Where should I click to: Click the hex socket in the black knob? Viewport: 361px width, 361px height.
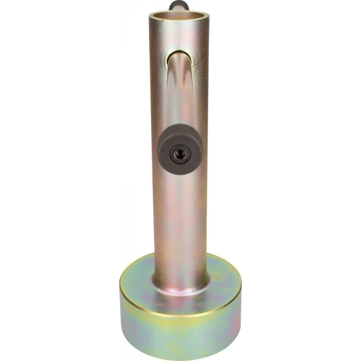click(x=180, y=153)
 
